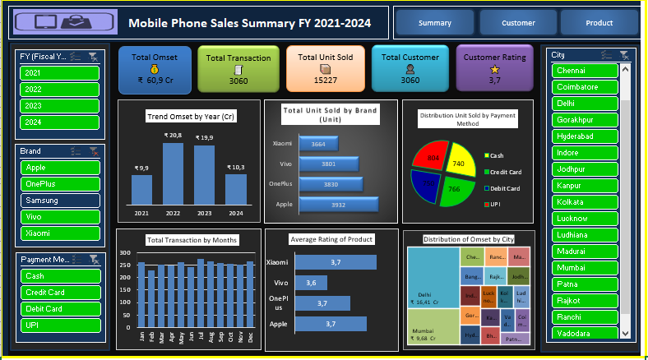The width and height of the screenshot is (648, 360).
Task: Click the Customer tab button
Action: click(x=518, y=23)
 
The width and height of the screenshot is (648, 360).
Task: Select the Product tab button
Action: click(x=599, y=23)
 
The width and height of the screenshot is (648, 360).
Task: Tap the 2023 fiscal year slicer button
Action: click(x=59, y=105)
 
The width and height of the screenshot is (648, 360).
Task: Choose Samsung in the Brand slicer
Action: click(x=59, y=200)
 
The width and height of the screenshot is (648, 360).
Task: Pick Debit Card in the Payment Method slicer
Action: click(x=59, y=308)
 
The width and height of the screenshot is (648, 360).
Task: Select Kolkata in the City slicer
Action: click(x=585, y=201)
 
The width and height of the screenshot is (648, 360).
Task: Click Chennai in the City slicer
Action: click(x=585, y=71)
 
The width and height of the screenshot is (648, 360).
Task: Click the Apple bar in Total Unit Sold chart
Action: click(x=338, y=203)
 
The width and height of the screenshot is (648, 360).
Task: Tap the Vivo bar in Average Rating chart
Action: click(x=310, y=283)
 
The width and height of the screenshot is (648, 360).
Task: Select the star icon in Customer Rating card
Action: click(x=494, y=71)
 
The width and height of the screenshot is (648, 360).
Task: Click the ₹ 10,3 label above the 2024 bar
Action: click(x=236, y=167)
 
